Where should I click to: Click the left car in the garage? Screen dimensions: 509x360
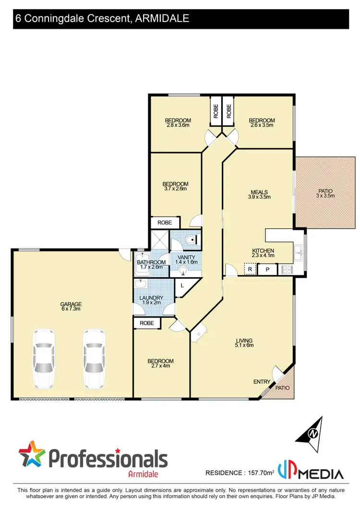click(x=44, y=358)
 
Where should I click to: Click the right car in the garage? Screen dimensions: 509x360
click(x=95, y=358)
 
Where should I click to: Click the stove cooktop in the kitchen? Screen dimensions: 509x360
click(x=287, y=270)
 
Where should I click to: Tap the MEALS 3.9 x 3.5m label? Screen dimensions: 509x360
click(x=259, y=193)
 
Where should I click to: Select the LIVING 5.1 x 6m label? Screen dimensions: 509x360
click(x=244, y=342)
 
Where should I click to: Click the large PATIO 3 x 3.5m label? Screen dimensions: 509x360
click(x=325, y=193)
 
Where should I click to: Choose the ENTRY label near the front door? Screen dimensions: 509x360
click(x=262, y=382)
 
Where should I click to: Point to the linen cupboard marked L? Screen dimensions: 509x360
click(x=182, y=286)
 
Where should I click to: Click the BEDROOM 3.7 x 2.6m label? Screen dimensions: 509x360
click(x=175, y=186)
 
